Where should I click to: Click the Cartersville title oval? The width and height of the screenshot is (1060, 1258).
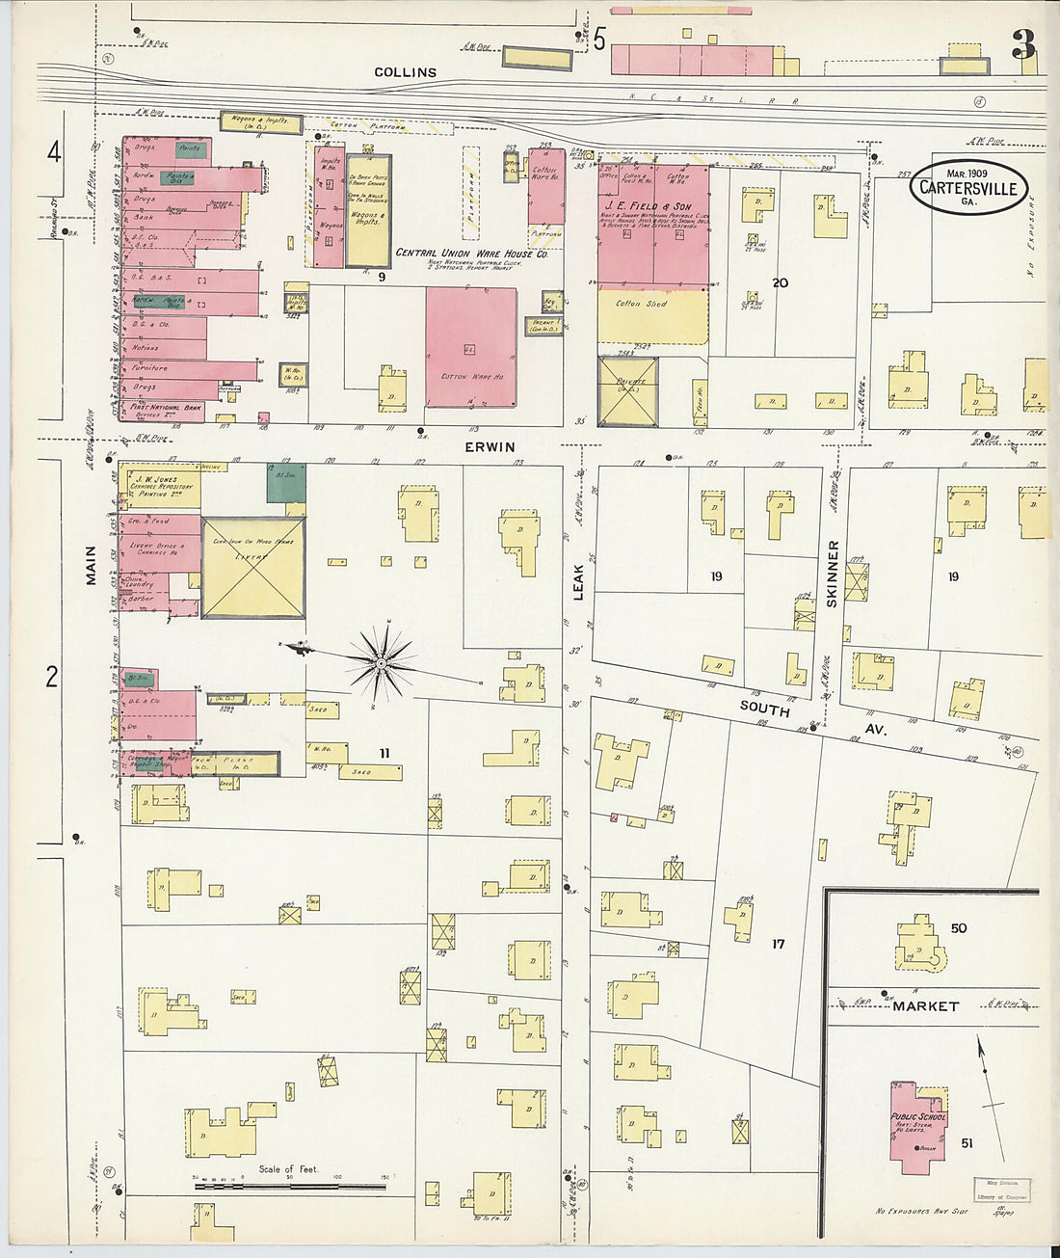coord(967,187)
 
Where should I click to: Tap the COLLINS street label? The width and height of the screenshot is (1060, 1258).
coord(405,72)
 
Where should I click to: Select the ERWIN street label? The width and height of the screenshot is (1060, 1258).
coord(490,447)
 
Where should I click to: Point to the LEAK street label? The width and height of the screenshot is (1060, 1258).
coord(579,582)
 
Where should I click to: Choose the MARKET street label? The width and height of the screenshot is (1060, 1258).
coord(925,1005)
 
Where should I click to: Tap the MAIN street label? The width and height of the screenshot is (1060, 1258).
coord(91,565)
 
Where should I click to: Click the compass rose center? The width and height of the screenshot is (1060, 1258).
coord(381,663)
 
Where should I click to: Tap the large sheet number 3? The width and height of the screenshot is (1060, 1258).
coord(1022,44)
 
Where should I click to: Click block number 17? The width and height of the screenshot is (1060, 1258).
coord(778,944)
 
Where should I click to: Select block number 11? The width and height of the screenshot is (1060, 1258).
coord(384,753)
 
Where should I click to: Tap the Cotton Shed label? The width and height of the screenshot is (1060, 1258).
coord(642,304)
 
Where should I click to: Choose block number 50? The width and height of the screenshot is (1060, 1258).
coord(958,928)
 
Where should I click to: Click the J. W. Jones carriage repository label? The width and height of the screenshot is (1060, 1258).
coord(164,482)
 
